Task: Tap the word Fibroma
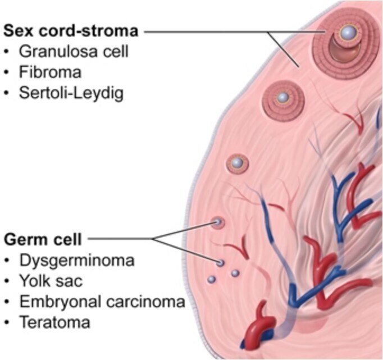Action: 50,72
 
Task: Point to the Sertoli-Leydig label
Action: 71,93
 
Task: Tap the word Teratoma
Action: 54,322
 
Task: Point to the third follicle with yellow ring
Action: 238,163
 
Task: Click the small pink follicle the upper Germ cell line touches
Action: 217,223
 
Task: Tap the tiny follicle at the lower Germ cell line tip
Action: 221,263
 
